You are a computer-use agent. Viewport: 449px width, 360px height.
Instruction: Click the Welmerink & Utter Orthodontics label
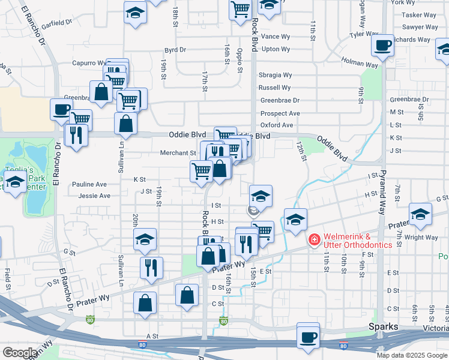pyautogui.click(x=358, y=241)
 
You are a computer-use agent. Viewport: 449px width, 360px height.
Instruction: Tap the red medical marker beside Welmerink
pyautogui.click(x=313, y=240)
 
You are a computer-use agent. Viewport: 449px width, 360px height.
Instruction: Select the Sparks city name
pyautogui.click(x=384, y=326)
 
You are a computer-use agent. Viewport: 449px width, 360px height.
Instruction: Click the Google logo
pyautogui.click(x=20, y=352)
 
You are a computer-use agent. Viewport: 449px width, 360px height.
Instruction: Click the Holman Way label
pyautogui.click(x=359, y=61)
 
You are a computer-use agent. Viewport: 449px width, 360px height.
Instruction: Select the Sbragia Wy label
pyautogui.click(x=275, y=75)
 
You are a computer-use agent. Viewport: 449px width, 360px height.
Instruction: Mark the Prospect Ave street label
pyautogui.click(x=280, y=113)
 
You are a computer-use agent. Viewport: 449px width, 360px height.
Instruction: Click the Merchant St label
pyautogui.click(x=178, y=153)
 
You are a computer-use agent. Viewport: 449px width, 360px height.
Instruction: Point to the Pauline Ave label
pyautogui.click(x=89, y=184)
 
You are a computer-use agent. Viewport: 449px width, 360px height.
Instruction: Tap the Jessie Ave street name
pyautogui.click(x=94, y=196)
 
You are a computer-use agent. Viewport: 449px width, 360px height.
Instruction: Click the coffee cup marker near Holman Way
pyautogui.click(x=382, y=46)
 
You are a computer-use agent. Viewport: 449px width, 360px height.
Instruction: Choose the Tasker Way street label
pyautogui.click(x=419, y=15)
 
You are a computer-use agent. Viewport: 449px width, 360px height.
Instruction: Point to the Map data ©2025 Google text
pyautogui.click(x=411, y=355)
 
